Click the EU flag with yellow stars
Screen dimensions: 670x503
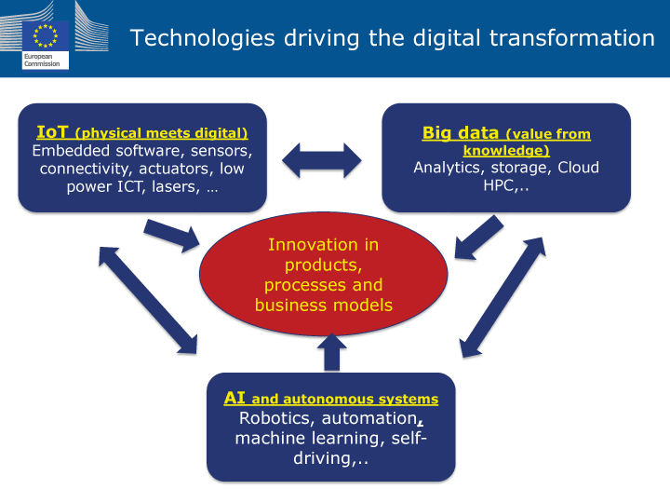click(x=46, y=35)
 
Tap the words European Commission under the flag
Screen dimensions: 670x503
click(x=42, y=60)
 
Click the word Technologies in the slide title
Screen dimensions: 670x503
click(x=202, y=38)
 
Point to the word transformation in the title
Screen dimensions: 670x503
click(x=571, y=37)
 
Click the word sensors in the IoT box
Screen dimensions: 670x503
click(x=221, y=151)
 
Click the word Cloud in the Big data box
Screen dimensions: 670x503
click(x=578, y=168)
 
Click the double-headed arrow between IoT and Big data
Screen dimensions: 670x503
click(x=322, y=160)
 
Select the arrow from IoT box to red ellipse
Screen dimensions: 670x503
click(x=172, y=236)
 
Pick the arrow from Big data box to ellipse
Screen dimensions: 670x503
click(x=478, y=238)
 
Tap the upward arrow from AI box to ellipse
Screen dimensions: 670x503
click(x=331, y=352)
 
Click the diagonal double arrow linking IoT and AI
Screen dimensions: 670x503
click(x=148, y=300)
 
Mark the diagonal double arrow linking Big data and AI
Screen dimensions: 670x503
click(x=502, y=297)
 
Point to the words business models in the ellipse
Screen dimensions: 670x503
click(x=324, y=305)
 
